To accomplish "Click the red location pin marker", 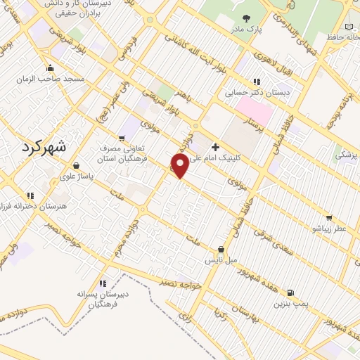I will click(180, 166).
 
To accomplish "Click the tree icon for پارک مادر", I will click(245, 19).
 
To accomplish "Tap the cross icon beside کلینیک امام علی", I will click(214, 147).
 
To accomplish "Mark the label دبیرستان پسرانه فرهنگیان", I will click(102, 294).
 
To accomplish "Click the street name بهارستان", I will click(250, 310).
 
